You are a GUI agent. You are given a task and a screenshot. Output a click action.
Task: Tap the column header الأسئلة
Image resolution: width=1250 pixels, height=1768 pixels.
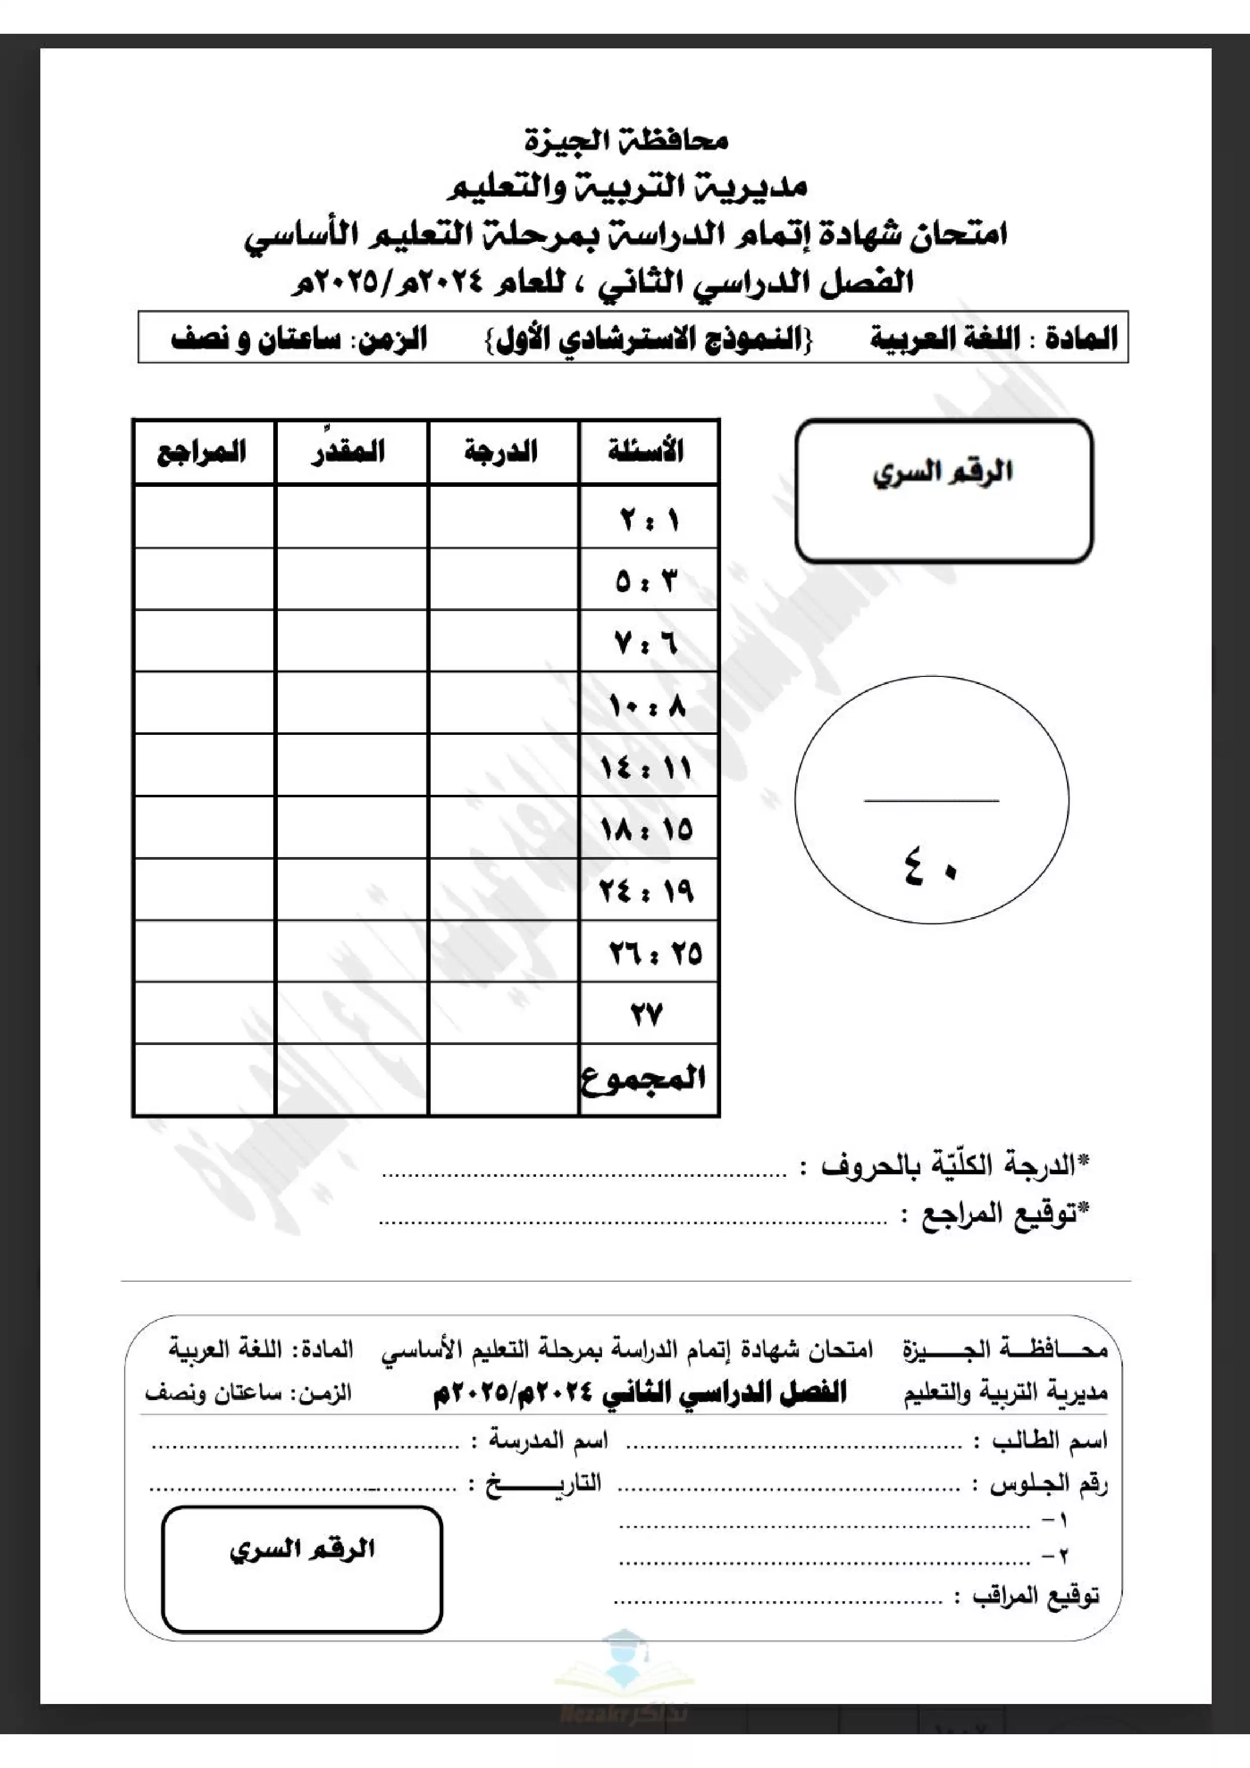pos(646,451)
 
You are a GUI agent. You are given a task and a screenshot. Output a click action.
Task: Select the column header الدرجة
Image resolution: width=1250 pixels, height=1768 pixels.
pos(501,451)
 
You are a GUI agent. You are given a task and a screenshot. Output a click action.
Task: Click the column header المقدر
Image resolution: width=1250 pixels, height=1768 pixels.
pos(348,451)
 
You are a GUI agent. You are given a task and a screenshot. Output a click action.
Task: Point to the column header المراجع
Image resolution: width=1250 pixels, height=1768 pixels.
pos(202,451)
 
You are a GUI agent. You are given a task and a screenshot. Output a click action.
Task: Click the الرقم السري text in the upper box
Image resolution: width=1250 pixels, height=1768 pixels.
pos(943,472)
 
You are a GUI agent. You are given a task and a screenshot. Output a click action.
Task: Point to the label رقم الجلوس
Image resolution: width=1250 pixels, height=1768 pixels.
pos(1048,1484)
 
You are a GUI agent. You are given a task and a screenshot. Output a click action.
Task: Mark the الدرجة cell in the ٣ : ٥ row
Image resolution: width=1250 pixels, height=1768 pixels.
pos(503,579)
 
